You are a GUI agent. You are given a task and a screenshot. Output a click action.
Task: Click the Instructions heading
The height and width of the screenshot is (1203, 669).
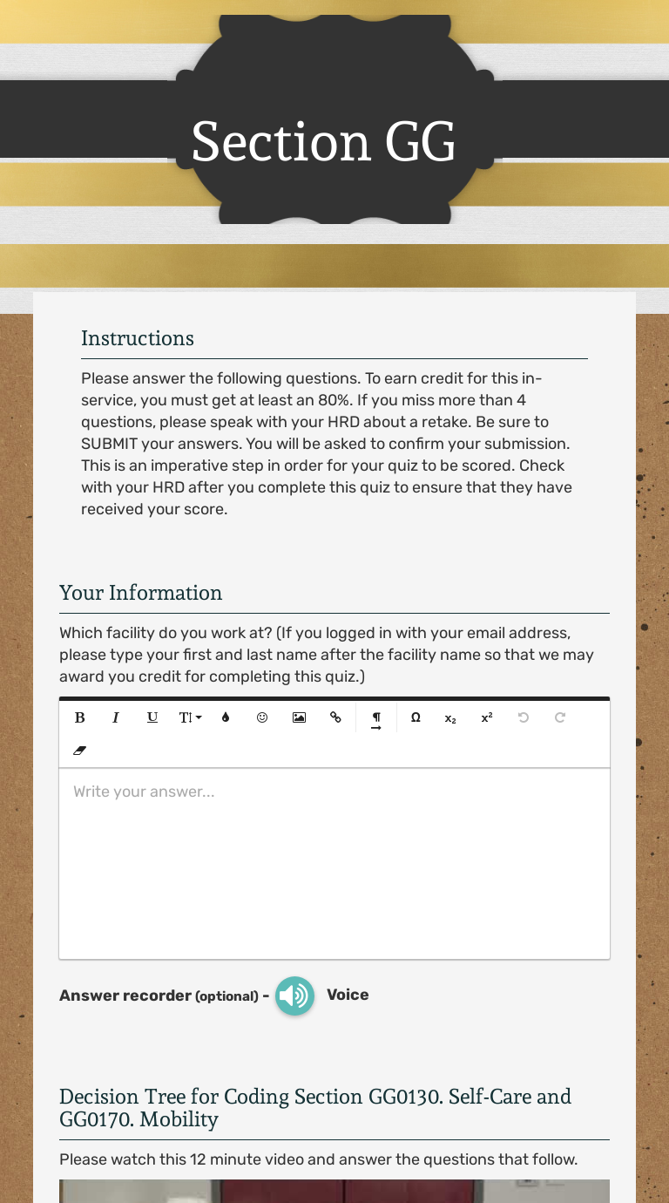coord(138,338)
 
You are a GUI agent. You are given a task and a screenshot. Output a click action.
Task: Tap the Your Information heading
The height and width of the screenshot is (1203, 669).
coord(140,593)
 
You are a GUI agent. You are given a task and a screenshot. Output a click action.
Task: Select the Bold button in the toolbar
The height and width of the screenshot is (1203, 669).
coord(80,717)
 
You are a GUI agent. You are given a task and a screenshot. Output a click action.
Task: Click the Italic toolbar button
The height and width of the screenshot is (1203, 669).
coord(115,717)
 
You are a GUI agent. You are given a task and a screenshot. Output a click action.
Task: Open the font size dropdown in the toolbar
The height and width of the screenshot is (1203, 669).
coord(190,717)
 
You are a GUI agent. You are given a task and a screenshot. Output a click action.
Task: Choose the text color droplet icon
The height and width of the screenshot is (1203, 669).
coord(226,717)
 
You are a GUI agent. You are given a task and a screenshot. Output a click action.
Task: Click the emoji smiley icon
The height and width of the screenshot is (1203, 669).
coord(262,717)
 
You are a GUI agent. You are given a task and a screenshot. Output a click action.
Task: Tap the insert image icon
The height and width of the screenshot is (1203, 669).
coord(299,717)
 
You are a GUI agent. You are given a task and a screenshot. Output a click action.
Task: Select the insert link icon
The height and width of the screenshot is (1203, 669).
coord(335,717)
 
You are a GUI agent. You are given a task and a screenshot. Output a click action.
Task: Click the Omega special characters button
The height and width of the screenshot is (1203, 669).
coord(416,717)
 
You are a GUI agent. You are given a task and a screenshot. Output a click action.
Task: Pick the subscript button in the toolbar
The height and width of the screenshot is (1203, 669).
coord(450,718)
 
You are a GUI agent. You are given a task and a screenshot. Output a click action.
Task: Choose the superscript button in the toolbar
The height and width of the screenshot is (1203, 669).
coord(487,717)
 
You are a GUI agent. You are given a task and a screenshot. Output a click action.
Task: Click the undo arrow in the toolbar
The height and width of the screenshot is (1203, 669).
coord(524,717)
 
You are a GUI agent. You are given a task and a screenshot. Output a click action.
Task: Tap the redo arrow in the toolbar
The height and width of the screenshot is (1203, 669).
coord(560,717)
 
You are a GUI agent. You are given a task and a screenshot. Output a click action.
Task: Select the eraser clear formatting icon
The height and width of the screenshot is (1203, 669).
coord(80,750)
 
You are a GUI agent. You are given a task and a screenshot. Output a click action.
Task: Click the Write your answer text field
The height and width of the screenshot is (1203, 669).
coord(334,863)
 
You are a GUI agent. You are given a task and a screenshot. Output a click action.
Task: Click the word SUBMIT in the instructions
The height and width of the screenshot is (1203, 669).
coord(110,444)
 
